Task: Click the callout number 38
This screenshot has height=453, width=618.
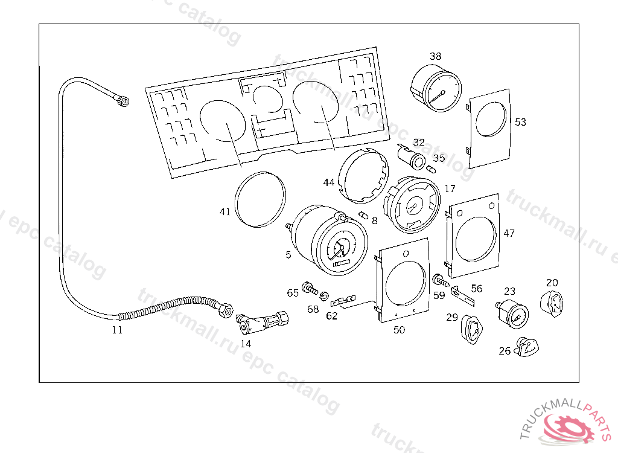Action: click(x=436, y=56)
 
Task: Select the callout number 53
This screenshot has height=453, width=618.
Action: click(x=520, y=122)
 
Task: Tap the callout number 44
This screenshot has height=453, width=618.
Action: click(x=328, y=182)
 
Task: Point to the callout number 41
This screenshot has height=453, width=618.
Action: click(x=225, y=212)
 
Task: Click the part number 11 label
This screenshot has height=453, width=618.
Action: click(x=117, y=330)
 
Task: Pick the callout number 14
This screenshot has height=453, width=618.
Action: click(x=246, y=344)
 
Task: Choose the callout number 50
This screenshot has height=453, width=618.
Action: click(x=399, y=330)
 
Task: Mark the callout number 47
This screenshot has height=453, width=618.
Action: click(x=509, y=233)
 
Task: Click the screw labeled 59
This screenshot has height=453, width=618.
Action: click(x=440, y=281)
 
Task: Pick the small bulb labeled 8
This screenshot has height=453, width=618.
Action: click(x=363, y=216)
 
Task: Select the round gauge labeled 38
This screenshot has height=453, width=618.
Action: click(x=436, y=89)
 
